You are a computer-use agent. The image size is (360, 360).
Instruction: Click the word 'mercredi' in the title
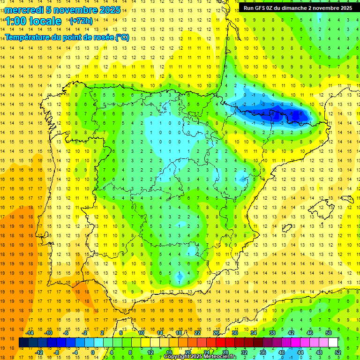click(24, 10)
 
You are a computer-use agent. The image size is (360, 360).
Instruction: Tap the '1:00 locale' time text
click(33, 21)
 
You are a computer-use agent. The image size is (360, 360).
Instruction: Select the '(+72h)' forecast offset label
click(81, 21)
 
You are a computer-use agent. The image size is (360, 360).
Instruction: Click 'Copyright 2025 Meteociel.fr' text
click(200, 357)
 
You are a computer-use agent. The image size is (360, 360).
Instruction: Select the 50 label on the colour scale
click(329, 333)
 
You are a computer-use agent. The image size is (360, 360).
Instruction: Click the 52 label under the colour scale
click(338, 352)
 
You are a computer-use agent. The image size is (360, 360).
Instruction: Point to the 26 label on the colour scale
click(216, 333)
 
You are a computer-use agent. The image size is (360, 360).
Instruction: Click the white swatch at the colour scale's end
click(333, 342)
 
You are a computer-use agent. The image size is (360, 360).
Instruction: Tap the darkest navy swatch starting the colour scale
click(23, 342)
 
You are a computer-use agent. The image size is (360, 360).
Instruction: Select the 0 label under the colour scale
click(93, 352)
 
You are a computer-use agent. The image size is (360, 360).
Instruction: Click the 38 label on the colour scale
click(272, 333)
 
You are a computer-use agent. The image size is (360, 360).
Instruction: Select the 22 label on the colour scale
click(197, 333)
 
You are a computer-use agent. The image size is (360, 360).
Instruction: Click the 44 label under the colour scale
click(300, 352)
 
